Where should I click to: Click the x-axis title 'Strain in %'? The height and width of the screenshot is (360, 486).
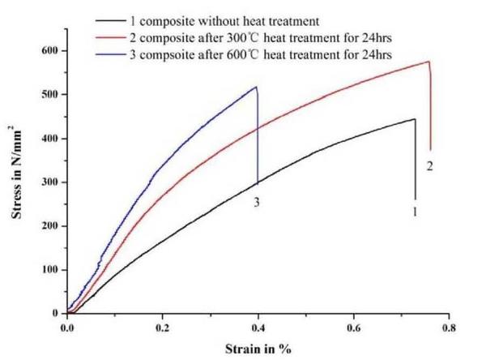(258, 349)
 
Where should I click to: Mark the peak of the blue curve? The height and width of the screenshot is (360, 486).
(256, 87)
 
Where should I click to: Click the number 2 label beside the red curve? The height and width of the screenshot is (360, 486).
(430, 165)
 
